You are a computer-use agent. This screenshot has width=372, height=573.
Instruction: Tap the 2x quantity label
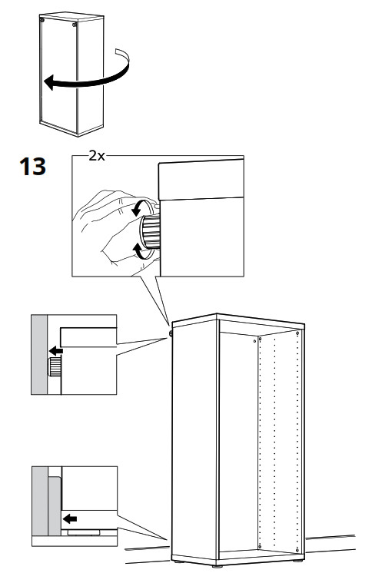[98, 155]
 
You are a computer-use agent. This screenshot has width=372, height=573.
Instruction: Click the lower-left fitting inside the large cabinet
[261, 546]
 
